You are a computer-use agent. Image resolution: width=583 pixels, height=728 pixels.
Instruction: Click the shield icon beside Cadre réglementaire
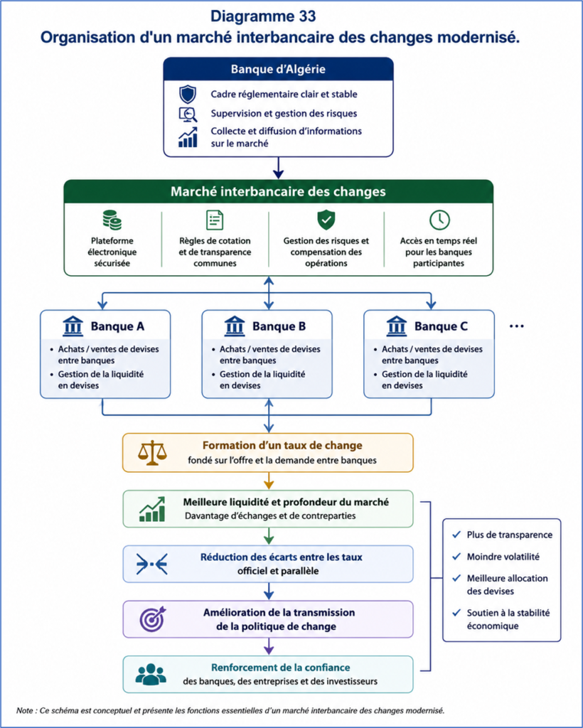tap(188, 95)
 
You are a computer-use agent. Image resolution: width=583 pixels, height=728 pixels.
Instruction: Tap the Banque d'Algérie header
tap(278, 69)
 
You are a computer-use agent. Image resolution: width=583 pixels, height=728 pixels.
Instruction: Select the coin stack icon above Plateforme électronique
tap(112, 220)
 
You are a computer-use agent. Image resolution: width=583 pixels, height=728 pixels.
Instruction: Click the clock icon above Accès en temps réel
tap(439, 220)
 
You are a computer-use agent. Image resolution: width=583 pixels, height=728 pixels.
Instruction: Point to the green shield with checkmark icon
tap(326, 220)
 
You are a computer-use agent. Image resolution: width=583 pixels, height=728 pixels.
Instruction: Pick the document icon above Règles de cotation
tap(215, 220)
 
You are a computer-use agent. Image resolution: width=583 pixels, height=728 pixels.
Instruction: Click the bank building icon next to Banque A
tap(73, 326)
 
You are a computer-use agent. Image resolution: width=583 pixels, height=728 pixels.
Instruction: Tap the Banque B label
tap(279, 326)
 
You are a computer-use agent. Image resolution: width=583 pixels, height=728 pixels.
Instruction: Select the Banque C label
tap(441, 326)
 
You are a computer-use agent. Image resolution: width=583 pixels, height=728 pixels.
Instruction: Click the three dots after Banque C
tap(517, 326)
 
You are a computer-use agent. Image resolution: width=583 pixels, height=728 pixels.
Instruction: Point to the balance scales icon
tap(151, 453)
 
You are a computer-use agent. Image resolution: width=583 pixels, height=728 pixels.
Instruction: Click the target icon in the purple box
tap(152, 619)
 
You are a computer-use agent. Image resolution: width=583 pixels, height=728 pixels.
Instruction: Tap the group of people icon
tap(151, 674)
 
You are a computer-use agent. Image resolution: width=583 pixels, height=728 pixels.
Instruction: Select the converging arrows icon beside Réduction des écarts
tap(151, 564)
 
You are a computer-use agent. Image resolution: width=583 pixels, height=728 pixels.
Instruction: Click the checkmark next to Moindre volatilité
tap(456, 556)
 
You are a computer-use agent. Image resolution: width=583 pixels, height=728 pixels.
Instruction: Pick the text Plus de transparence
tap(510, 535)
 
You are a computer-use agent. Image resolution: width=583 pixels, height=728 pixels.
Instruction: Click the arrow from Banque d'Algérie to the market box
tap(278, 168)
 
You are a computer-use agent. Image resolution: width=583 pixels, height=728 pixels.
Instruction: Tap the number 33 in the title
tap(304, 16)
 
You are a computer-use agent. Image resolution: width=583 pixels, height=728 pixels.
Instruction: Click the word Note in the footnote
tap(25, 710)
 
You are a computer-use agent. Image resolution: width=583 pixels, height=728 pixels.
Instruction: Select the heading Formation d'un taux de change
tap(282, 445)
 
